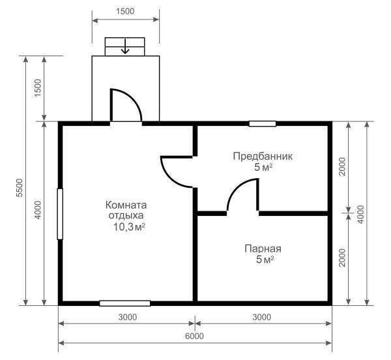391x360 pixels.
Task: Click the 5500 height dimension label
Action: (x=20, y=188)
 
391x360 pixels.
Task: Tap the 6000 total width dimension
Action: (x=194, y=336)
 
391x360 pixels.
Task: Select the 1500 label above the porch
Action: (x=125, y=11)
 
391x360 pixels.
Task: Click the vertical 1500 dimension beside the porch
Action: (x=37, y=88)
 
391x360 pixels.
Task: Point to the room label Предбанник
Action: (x=263, y=157)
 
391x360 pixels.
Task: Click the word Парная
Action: (x=263, y=248)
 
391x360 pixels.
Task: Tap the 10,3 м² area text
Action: (x=129, y=227)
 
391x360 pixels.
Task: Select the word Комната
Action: (x=126, y=205)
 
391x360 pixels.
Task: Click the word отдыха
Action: (x=126, y=216)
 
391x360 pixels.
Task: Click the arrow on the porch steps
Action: (x=125, y=47)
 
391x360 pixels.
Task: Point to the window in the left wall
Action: (x=60, y=214)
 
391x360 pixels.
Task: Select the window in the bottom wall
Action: (x=125, y=303)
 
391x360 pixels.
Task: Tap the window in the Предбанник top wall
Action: (x=263, y=124)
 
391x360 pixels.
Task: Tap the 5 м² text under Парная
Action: (x=265, y=260)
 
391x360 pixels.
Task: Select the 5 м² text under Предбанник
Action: (x=263, y=168)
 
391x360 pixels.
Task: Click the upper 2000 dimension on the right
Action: (x=342, y=166)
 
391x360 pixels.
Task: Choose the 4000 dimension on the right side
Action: (x=360, y=215)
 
